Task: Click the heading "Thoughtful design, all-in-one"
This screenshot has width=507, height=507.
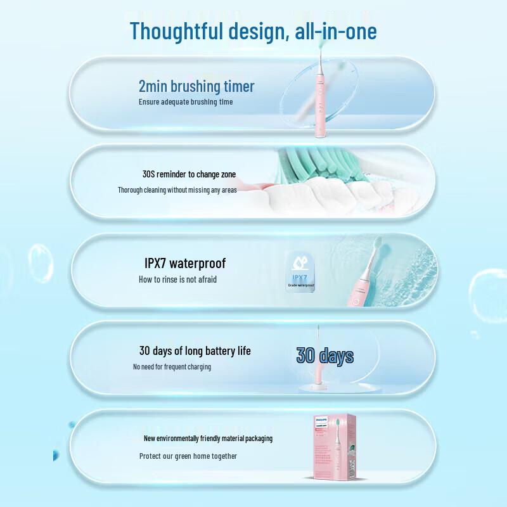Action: pyautogui.click(x=253, y=30)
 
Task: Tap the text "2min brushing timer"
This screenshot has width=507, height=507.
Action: pyautogui.click(x=196, y=86)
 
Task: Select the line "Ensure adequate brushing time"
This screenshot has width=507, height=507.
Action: pyautogui.click(x=186, y=101)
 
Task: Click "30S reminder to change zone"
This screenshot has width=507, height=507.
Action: pyautogui.click(x=189, y=174)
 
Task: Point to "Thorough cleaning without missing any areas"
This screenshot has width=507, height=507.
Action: pyautogui.click(x=177, y=189)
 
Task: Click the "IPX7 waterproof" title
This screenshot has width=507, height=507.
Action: pyautogui.click(x=185, y=263)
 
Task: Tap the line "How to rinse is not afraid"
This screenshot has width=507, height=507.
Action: pyautogui.click(x=177, y=279)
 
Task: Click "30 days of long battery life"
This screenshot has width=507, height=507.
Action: pyautogui.click(x=195, y=350)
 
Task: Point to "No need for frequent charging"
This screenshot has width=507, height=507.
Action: pyautogui.click(x=172, y=366)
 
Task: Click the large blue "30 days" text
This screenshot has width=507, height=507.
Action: pyautogui.click(x=324, y=356)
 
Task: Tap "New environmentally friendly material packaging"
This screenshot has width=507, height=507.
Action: pyautogui.click(x=208, y=439)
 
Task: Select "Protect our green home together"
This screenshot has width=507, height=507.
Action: pyautogui.click(x=188, y=456)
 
